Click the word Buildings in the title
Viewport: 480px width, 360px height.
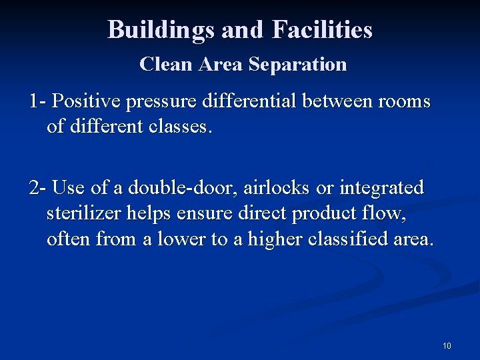[161, 30]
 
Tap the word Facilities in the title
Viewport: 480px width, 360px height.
[322, 30]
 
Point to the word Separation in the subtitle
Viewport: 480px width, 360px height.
[298, 65]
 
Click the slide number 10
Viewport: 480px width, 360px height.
[447, 346]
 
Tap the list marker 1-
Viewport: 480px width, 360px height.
[37, 102]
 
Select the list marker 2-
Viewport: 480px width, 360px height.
[37, 188]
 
